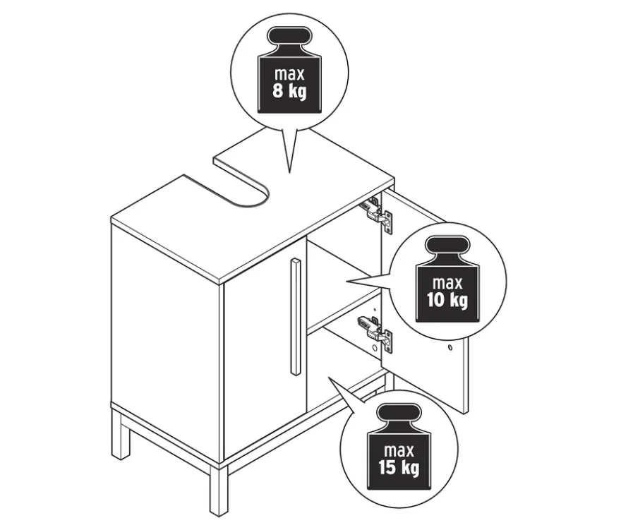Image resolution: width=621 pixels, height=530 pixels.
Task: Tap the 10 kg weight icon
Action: pos(447,279)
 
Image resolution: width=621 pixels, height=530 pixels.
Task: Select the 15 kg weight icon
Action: pos(399,447)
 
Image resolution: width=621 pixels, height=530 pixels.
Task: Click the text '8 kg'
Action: pos(289,91)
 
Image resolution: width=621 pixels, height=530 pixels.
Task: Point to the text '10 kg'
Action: pos(447,300)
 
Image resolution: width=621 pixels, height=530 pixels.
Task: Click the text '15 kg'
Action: pos(399,467)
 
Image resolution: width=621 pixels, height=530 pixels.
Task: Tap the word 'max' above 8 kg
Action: pos(289,73)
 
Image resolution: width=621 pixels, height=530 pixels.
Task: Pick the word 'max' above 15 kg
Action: pos(399,450)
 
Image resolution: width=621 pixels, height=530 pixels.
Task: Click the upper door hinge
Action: pos(377,215)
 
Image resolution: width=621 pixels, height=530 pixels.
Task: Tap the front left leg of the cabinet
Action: pos(121,434)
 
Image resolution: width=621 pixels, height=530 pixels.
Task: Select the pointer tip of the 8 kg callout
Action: pos(289,173)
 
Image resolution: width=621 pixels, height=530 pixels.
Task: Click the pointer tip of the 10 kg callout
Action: pos(347,282)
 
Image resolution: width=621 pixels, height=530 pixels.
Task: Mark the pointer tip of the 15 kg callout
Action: pos(329,377)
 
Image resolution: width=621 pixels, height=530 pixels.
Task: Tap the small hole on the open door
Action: pos(450,347)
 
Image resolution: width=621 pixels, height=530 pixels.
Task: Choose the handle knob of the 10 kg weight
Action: pos(447,245)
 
